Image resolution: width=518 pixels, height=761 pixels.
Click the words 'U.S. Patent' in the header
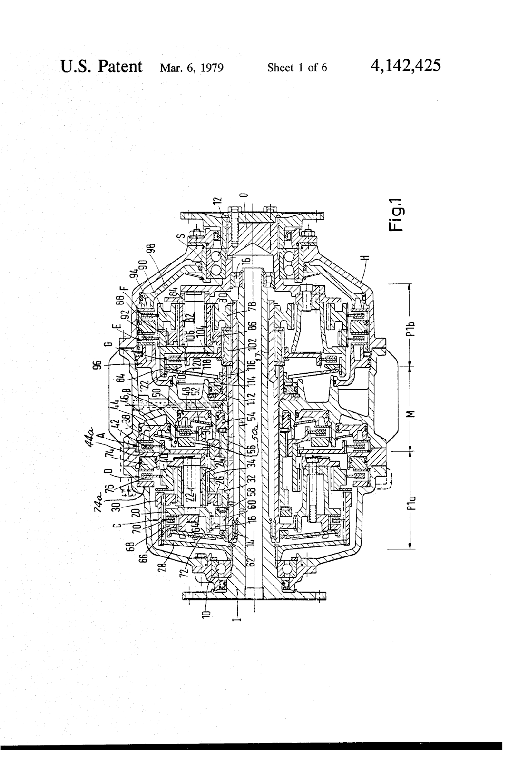pyautogui.click(x=101, y=66)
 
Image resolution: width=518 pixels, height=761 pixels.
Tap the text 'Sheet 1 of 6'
pyautogui.click(x=297, y=67)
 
